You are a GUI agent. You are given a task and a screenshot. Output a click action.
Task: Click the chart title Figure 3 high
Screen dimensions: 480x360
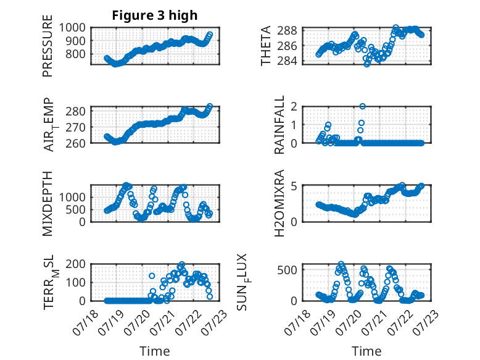pos(155,15)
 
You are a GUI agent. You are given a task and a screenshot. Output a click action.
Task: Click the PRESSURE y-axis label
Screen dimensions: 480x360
pos(48,46)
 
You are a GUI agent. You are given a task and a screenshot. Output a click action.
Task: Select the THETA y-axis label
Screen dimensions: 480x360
pos(266,46)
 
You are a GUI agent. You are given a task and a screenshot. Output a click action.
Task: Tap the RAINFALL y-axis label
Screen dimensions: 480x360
pos(279,125)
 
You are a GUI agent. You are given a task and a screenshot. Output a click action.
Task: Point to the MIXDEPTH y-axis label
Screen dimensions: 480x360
pos(48,204)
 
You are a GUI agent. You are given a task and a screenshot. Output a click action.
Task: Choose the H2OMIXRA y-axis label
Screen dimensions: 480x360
pos(279,203)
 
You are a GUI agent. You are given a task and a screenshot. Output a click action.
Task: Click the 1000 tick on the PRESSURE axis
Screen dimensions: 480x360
pos(72,28)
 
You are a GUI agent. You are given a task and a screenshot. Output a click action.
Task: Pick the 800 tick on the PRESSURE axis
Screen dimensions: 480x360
pos(75,54)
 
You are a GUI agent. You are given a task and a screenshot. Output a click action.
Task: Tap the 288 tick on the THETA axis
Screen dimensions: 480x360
pos(287,30)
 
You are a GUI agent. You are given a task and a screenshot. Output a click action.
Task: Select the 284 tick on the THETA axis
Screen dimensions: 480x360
pos(287,61)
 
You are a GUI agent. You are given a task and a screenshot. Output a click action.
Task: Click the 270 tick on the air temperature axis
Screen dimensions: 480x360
pos(75,127)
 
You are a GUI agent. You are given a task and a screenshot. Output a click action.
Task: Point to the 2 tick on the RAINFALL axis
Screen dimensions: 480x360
pos(294,107)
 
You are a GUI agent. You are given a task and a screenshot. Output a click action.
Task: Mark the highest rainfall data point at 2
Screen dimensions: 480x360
pos(362,106)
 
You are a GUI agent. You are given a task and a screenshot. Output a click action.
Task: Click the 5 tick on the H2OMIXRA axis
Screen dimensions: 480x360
pos(294,186)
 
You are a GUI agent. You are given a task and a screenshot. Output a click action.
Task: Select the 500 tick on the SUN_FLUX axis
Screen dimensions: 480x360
pos(287,270)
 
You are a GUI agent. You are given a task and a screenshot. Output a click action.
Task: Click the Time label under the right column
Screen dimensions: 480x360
pos(366,351)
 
